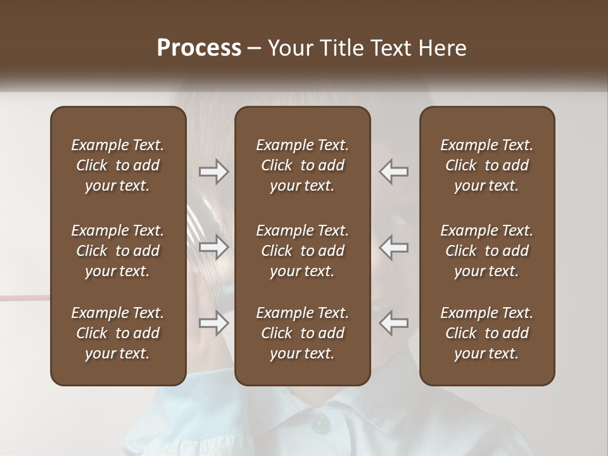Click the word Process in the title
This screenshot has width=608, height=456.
199,48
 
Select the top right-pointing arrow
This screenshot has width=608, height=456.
214,172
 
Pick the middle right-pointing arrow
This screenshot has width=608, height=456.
214,247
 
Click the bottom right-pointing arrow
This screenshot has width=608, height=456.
214,323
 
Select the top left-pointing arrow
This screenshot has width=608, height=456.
393,172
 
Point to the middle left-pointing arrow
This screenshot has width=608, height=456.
393,247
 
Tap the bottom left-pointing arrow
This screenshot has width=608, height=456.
393,323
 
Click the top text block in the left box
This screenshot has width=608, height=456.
118,165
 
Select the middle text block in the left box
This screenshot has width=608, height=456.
118,251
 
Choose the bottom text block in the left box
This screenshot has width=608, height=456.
118,333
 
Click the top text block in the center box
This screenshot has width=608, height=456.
302,165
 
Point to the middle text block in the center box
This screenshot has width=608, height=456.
302,251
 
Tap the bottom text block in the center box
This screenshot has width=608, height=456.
302,333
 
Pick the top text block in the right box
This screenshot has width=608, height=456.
486,165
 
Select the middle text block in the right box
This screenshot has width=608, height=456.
486,251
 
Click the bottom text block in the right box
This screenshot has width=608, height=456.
486,333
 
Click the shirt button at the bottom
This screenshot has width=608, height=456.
320,422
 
